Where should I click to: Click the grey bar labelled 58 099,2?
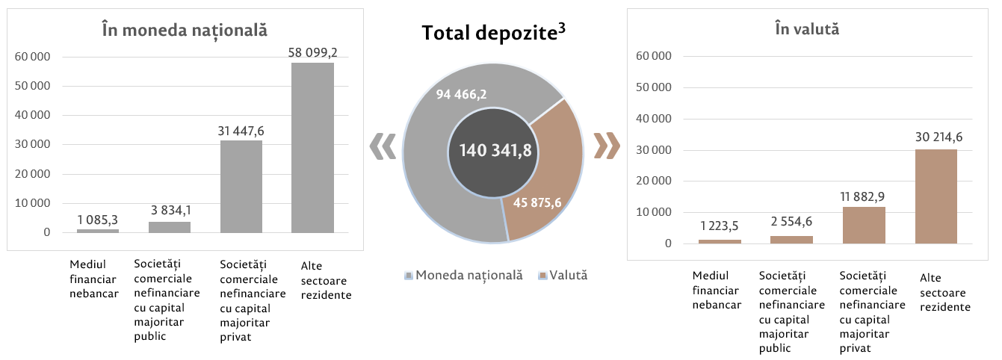click(312, 148)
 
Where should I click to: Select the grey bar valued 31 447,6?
click(241, 187)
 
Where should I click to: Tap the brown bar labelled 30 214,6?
click(935, 196)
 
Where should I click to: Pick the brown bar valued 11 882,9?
click(864, 225)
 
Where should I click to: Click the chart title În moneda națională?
click(185, 31)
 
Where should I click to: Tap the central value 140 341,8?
click(495, 151)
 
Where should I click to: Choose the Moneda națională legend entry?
click(463, 275)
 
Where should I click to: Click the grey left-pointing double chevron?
click(383, 146)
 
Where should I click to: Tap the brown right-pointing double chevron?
click(606, 146)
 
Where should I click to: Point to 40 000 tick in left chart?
click(34, 115)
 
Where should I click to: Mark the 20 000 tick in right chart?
click(654, 181)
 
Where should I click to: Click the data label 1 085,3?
click(98, 220)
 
